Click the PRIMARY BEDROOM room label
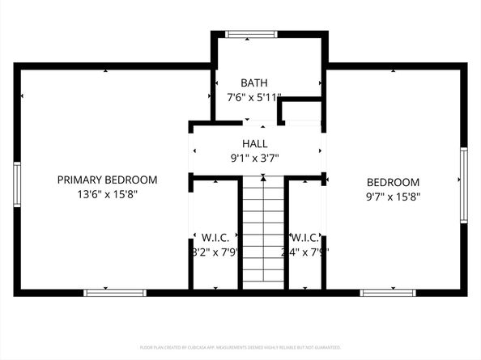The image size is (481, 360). coord(107,180)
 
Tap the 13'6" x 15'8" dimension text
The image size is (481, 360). coord(107,195)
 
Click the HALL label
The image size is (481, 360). coord(255,143)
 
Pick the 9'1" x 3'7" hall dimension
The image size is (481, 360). coord(255,159)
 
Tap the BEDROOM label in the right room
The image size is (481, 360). coord(393,182)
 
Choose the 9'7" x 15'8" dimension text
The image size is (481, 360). coord(393,196)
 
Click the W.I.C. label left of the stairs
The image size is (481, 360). coord(215,238)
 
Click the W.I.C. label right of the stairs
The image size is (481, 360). coord(304,238)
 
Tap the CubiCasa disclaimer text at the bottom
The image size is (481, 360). coord(240,346)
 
